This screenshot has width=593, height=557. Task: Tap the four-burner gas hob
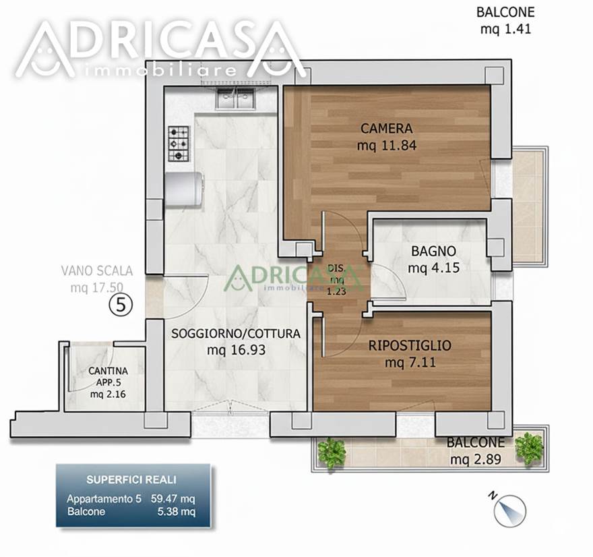click(x=179, y=144)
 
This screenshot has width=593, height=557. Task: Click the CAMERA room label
click(x=387, y=129)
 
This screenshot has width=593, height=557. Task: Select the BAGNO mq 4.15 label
click(x=434, y=259)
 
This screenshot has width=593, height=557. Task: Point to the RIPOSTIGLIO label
click(x=410, y=345)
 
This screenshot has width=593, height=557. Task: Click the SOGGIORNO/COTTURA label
click(x=236, y=334)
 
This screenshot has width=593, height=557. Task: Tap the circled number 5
click(x=121, y=305)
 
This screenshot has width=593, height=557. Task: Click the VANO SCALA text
click(x=97, y=271)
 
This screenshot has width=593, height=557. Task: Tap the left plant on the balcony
click(x=332, y=453)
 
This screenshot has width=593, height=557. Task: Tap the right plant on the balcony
click(x=530, y=449)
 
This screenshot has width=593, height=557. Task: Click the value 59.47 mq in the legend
click(x=173, y=499)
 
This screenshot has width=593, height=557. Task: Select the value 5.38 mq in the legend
click(x=177, y=512)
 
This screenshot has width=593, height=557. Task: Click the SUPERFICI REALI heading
click(x=131, y=480)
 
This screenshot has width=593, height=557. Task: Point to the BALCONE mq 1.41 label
click(x=505, y=20)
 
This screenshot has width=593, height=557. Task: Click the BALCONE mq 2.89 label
click(x=476, y=450)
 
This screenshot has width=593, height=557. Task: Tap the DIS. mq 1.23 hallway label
click(x=336, y=280)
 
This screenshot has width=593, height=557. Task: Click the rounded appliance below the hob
click(x=183, y=189)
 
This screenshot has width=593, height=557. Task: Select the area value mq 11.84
click(x=387, y=145)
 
